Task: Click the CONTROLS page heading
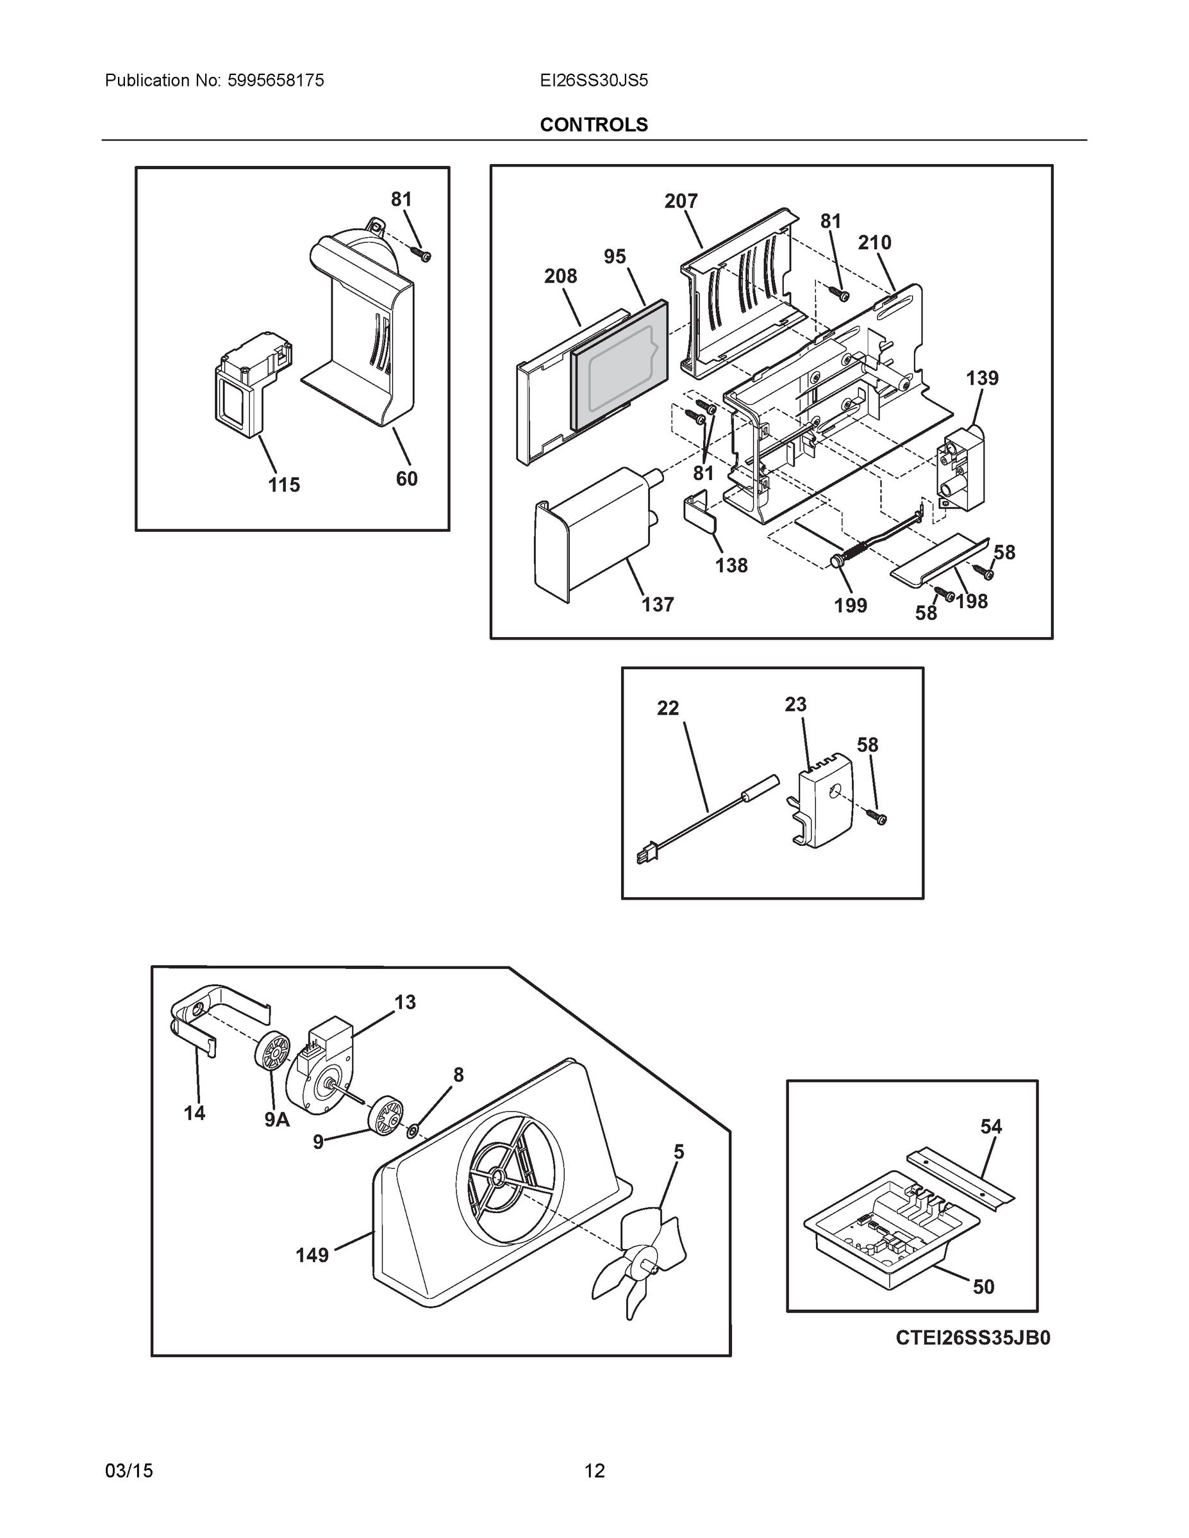(x=593, y=125)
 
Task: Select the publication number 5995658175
(x=276, y=80)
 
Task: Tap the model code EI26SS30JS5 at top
(x=593, y=80)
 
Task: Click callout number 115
(x=283, y=484)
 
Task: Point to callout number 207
(x=681, y=201)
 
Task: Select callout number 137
(x=657, y=604)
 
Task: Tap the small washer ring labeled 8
(x=413, y=1131)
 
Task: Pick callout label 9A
(x=277, y=1119)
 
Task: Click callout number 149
(x=312, y=1255)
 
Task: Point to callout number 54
(x=990, y=1127)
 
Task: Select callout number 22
(x=667, y=707)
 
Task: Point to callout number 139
(x=981, y=378)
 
